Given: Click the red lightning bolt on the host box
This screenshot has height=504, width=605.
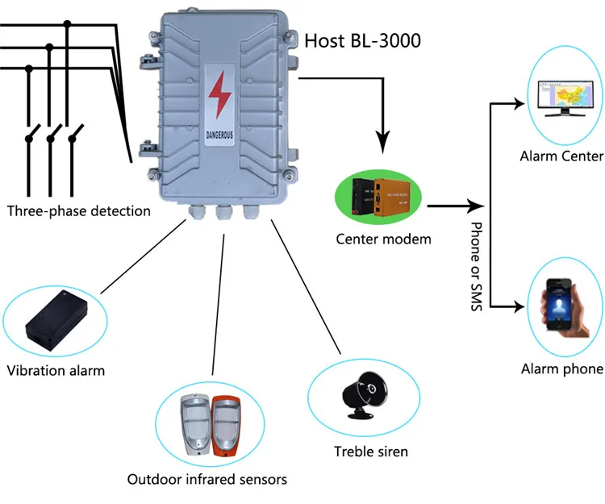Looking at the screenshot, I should pyautogui.click(x=219, y=96).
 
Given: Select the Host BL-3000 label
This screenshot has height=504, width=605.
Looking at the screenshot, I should pyautogui.click(x=361, y=40).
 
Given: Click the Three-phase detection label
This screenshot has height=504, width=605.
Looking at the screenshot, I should pyautogui.click(x=78, y=211).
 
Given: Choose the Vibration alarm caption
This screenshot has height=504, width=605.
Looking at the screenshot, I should pyautogui.click(x=56, y=371).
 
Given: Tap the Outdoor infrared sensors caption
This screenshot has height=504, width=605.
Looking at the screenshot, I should pyautogui.click(x=207, y=479).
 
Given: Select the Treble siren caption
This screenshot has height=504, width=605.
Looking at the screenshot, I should pyautogui.click(x=370, y=451).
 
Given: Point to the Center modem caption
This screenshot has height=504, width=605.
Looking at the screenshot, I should pyautogui.click(x=384, y=239).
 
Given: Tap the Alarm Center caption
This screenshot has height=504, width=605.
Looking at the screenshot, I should pyautogui.click(x=561, y=155).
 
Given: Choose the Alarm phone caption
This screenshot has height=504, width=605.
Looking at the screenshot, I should pyautogui.click(x=561, y=369).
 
